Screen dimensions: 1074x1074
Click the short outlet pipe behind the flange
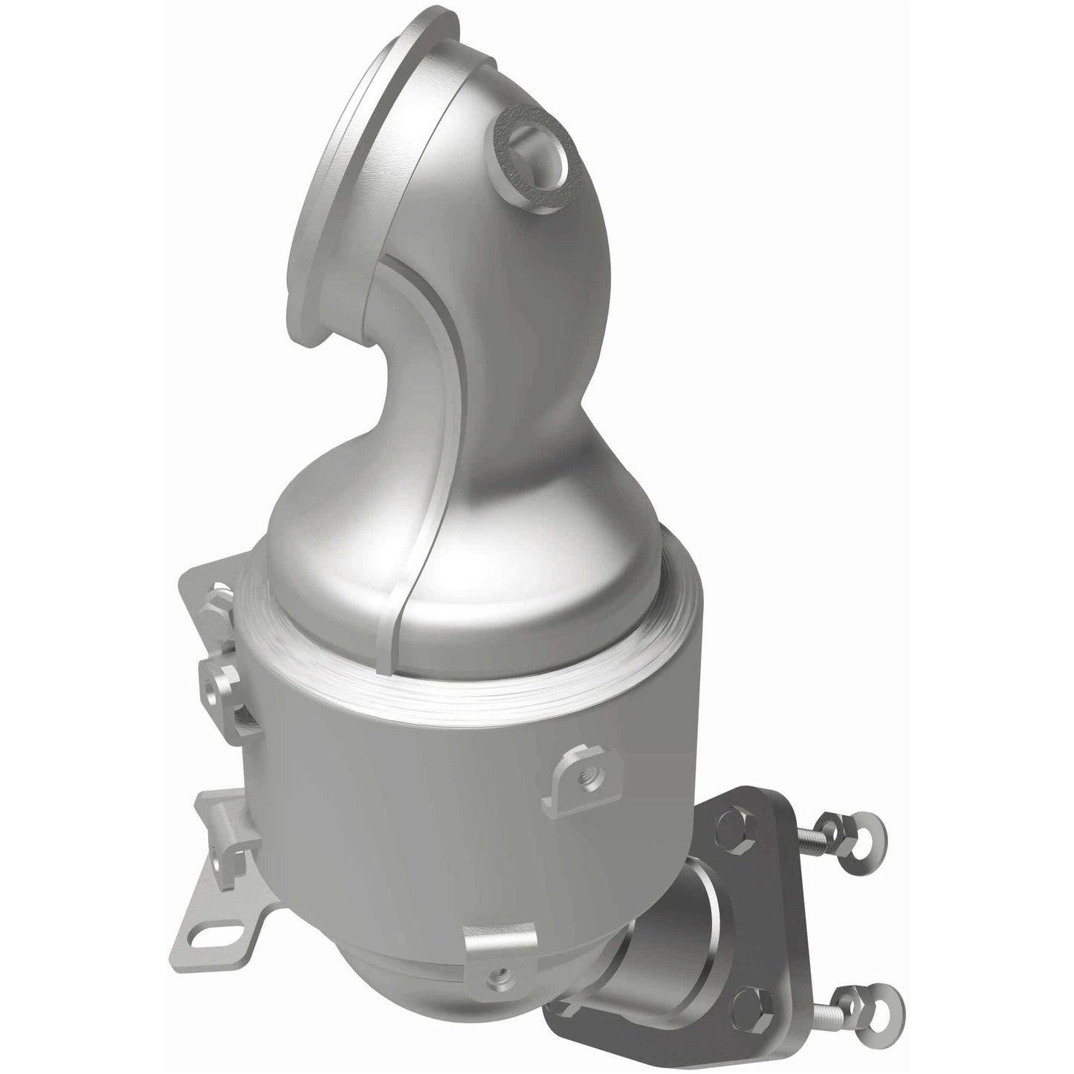669,922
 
